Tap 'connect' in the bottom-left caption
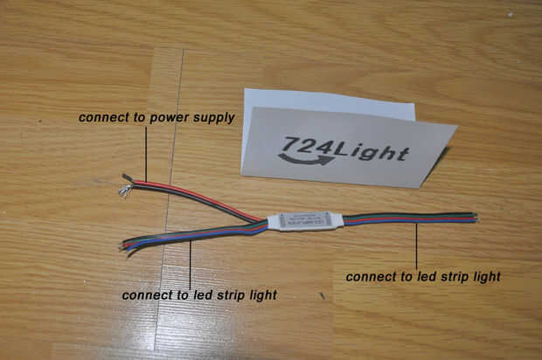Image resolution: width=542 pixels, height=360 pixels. (146, 295)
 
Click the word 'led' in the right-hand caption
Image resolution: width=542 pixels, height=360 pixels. (411, 276)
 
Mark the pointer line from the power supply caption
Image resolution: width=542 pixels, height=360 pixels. (147, 153)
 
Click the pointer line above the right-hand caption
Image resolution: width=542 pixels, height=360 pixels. (417, 245)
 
